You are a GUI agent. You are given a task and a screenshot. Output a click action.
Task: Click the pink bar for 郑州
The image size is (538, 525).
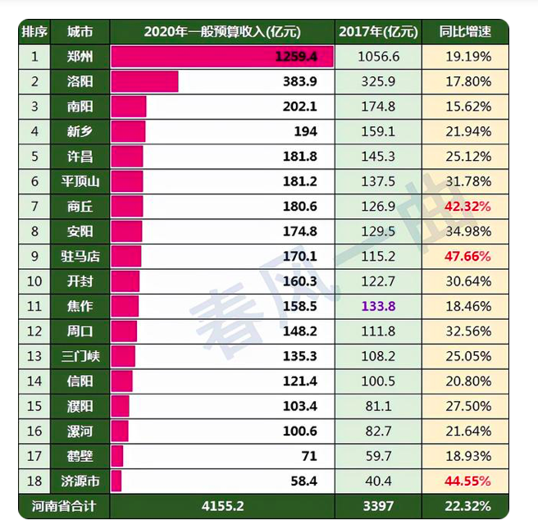(221, 57)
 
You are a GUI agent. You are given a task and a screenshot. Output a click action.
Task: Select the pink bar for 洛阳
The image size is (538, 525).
(144, 81)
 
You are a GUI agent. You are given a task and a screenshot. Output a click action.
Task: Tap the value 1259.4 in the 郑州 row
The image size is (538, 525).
(303, 57)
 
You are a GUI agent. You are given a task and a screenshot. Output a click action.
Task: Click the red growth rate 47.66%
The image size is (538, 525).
(467, 256)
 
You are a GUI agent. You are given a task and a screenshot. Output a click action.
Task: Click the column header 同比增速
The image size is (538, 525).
(465, 32)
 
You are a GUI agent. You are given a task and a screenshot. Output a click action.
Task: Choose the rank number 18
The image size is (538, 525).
(34, 481)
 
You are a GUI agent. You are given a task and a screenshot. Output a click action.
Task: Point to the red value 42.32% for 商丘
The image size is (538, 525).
(467, 206)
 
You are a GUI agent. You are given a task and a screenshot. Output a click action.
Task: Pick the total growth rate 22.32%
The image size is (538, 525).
(467, 506)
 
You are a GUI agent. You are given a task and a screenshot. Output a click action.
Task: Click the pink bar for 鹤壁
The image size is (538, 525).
(117, 456)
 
